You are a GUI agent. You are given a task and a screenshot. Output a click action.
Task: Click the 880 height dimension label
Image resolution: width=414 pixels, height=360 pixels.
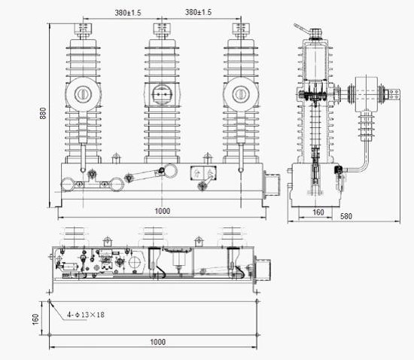43,113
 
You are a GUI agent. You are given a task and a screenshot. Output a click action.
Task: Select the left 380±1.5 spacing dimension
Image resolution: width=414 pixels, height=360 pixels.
128,13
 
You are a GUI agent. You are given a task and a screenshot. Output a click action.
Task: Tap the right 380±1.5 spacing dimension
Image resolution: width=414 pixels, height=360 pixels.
198,12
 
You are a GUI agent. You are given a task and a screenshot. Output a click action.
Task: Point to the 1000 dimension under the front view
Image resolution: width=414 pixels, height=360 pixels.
162,211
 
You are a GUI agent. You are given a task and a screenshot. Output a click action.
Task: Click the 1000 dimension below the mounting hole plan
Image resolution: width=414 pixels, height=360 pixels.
158,342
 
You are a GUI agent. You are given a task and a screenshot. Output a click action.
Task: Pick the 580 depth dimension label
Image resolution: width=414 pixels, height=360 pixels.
346,216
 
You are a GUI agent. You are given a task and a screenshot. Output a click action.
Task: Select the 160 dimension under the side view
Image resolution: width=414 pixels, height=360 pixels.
318,212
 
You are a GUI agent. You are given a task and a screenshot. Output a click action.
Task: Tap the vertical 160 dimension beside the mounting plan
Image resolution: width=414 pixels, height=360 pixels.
35,319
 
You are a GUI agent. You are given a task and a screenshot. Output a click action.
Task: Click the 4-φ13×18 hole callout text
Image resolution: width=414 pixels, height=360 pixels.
86,315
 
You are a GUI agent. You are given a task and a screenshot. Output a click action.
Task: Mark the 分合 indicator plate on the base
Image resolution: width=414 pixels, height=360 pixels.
203,173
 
